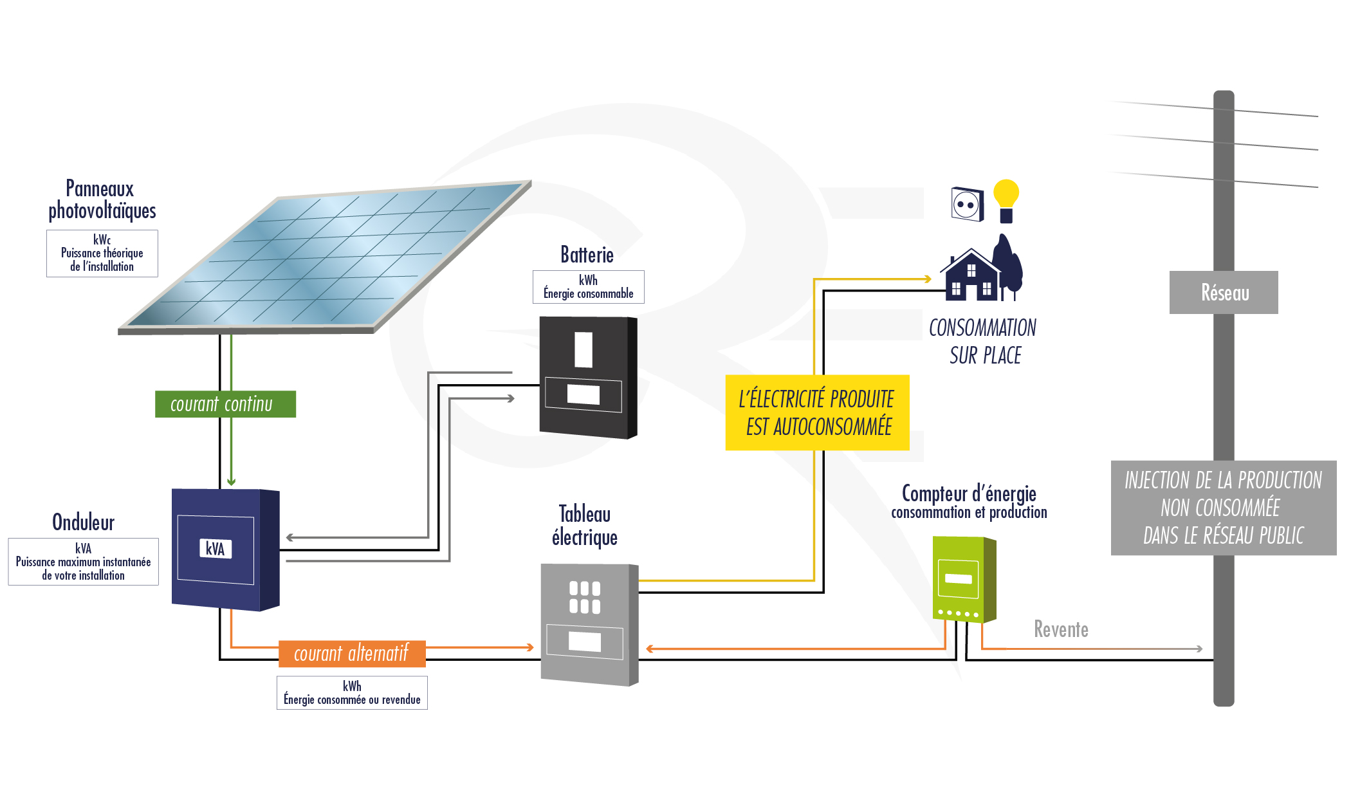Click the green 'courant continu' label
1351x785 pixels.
225,404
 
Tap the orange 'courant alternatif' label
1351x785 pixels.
352,653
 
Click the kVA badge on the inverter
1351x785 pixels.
215,549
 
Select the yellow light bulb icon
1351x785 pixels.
1006,199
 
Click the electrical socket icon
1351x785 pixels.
968,205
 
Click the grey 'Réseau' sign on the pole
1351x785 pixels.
1224,293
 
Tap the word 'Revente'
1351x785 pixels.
1061,629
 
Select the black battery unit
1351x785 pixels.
587,377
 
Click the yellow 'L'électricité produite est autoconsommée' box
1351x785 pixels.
817,412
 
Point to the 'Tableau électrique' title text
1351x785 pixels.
584,525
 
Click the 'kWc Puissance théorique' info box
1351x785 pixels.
102,254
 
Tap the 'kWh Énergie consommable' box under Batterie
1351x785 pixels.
588,287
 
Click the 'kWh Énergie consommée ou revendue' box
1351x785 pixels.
352,693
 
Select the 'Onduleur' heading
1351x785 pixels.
84,522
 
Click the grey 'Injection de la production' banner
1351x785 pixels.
1223,508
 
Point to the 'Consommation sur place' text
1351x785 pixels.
984,341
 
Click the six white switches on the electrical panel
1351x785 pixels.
585,597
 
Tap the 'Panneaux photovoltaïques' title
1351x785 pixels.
102,199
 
